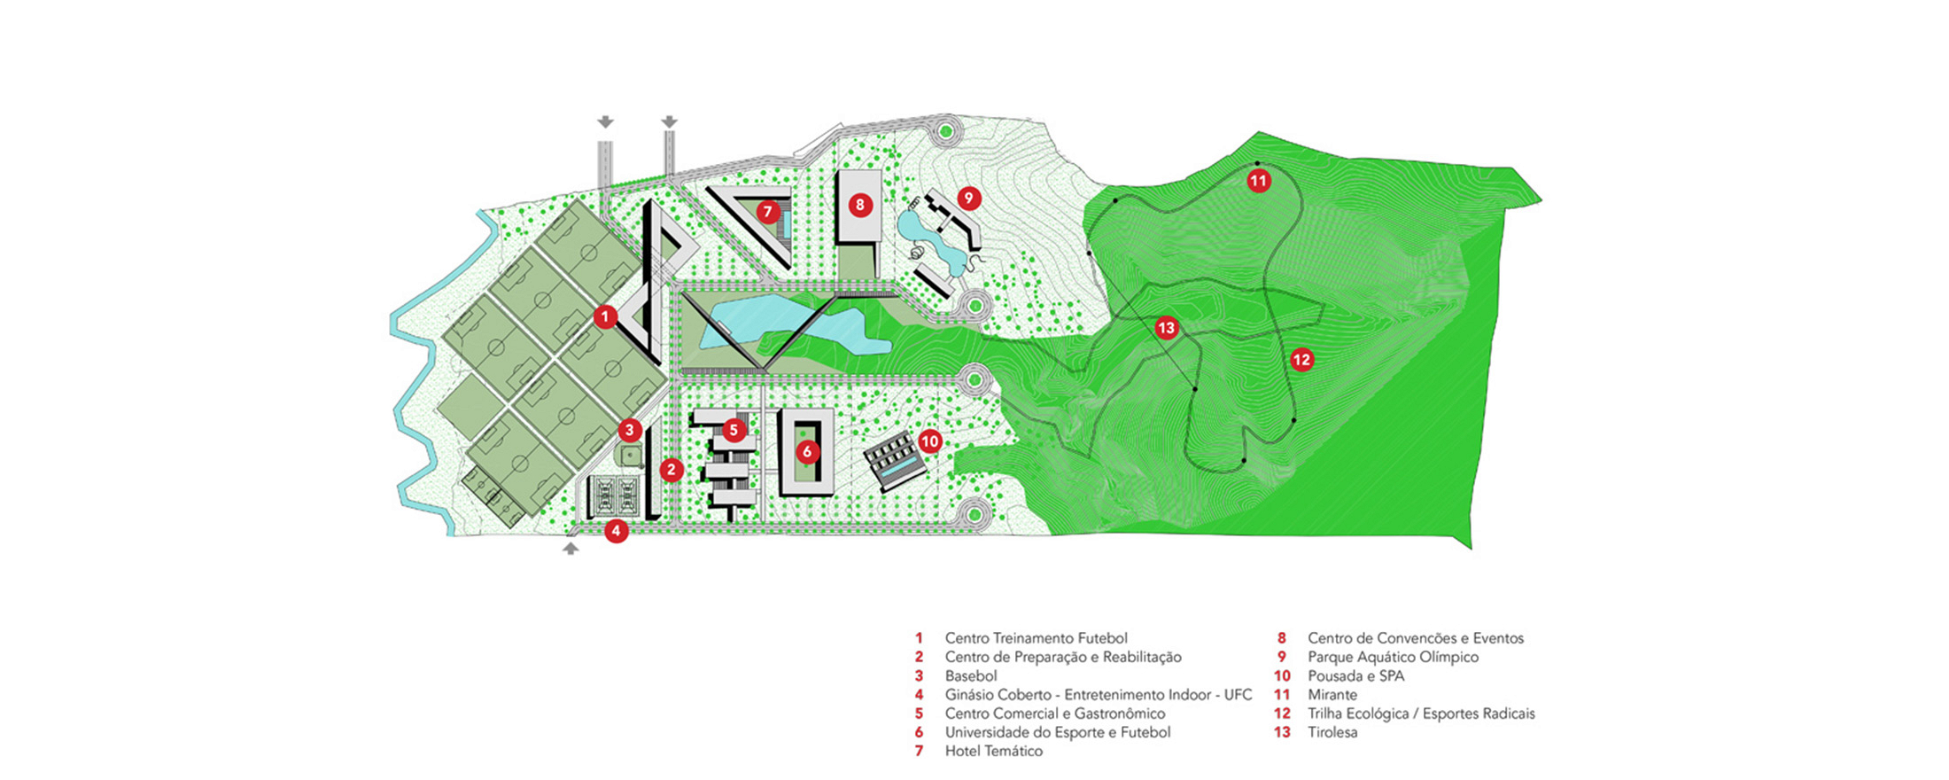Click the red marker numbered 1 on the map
[605, 316]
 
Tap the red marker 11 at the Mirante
[1258, 182]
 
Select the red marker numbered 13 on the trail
[1166, 328]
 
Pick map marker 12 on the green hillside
[1301, 359]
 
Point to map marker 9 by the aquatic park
[968, 198]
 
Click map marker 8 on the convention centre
[859, 205]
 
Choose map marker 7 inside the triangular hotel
[767, 212]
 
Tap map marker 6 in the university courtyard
[806, 451]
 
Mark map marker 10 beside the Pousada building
[928, 441]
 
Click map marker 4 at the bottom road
[616, 531]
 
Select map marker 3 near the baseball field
[629, 431]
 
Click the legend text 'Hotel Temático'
[993, 751]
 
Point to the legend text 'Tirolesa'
[1332, 732]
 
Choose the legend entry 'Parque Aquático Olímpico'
[1393, 657]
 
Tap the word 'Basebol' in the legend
[970, 675]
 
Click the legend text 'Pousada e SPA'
[1355, 675]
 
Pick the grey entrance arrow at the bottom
[571, 549]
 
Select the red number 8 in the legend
[1281, 638]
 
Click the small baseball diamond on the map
[630, 455]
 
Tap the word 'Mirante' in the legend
[1332, 695]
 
